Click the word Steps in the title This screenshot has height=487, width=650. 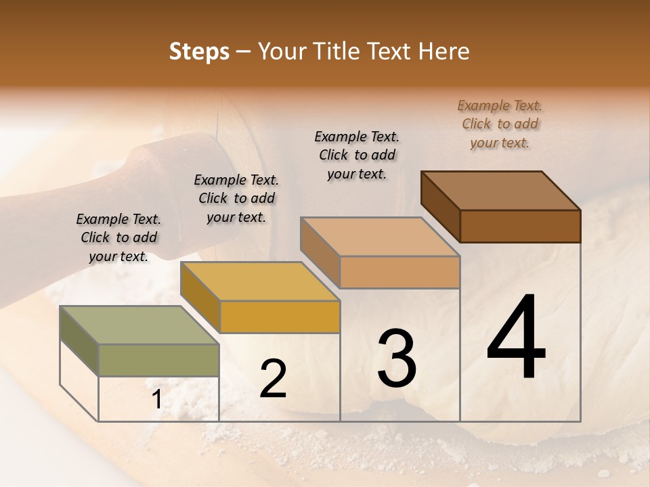point(199,51)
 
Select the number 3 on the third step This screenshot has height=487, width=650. point(397,358)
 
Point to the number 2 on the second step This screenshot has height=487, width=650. point(273,379)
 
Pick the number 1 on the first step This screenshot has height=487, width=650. point(156,400)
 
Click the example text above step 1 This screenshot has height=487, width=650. point(118,237)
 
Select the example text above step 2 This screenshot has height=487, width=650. point(236,198)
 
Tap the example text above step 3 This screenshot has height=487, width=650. point(357,155)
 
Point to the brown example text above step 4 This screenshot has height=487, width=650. point(500,124)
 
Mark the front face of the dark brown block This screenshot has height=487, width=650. point(520,226)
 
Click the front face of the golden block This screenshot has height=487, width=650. point(280,317)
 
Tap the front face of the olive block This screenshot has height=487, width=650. point(158,360)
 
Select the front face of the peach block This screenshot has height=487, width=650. point(399,272)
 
